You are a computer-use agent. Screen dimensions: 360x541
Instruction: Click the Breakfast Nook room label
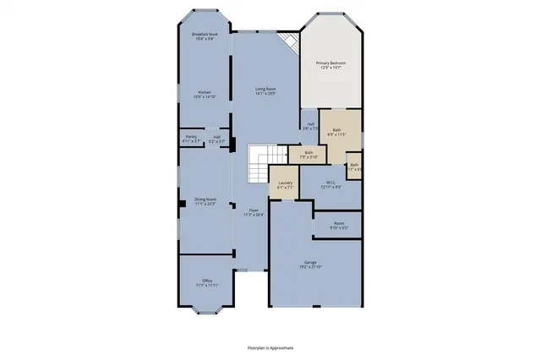tap(205, 36)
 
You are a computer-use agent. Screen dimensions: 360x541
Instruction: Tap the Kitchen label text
tap(205, 95)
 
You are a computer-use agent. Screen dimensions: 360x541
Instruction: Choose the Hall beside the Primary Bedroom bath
tap(310, 126)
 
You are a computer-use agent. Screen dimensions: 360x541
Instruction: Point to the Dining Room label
tap(206, 201)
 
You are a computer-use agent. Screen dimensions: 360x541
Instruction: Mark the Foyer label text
tap(254, 212)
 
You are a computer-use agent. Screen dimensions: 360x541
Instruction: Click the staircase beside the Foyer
tap(257, 163)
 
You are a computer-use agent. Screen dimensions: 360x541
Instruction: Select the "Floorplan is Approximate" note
tap(270, 346)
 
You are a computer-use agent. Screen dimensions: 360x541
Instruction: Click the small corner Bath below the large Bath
tap(354, 166)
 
